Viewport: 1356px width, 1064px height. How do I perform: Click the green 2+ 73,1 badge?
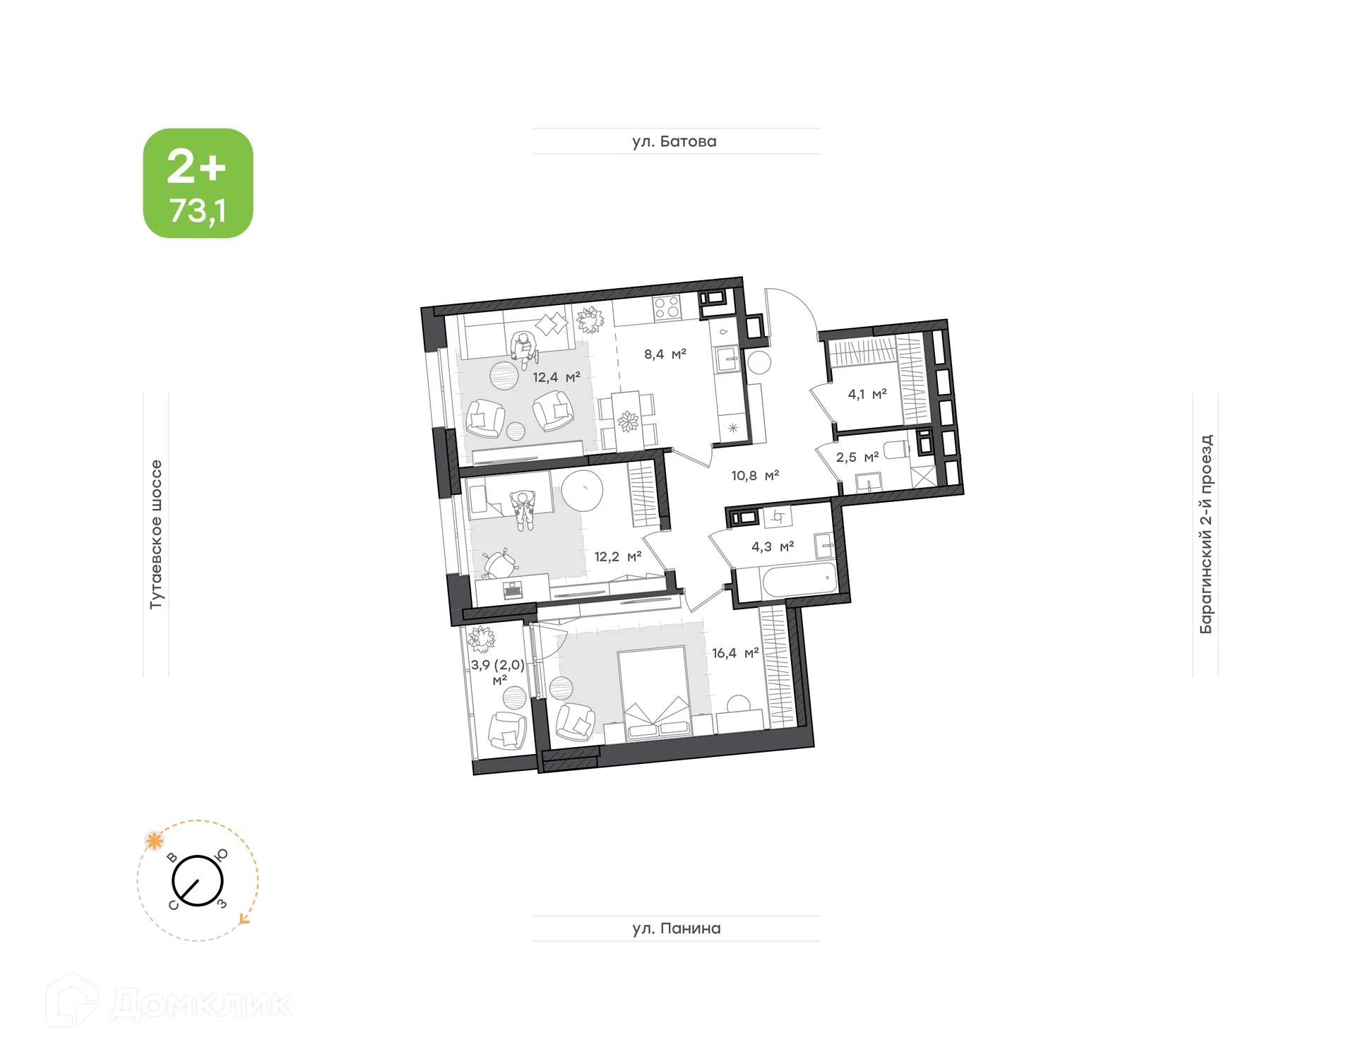[198, 183]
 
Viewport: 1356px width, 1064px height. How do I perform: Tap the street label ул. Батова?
[674, 141]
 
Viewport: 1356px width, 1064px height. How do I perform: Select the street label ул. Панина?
[676, 928]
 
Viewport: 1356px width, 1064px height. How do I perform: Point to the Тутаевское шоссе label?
[156, 534]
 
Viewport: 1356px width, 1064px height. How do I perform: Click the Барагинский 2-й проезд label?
[1206, 534]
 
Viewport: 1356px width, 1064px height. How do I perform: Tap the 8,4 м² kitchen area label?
[665, 354]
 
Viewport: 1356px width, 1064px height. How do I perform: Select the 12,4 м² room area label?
[556, 378]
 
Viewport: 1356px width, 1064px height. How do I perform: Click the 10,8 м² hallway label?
[754, 476]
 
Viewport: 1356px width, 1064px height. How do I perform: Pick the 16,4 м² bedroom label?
[734, 653]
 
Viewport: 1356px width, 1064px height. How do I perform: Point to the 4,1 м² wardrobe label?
[867, 394]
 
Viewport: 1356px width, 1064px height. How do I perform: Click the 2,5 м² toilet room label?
[857, 458]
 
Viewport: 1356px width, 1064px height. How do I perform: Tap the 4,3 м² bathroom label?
[772, 546]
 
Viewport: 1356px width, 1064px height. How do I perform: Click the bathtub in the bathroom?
[798, 581]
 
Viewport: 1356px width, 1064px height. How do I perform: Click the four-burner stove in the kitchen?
[666, 308]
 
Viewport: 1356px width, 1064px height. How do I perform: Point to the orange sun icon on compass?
[154, 841]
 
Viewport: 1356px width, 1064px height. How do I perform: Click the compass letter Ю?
[222, 854]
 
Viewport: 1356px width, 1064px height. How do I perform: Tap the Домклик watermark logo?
[169, 1003]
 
